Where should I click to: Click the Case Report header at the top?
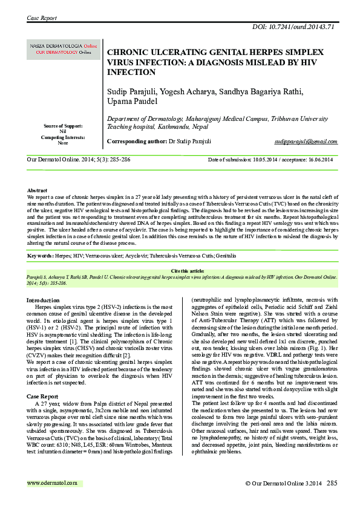pos(42,19)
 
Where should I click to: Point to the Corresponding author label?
pos(136,141)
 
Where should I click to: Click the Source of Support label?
pos(63,126)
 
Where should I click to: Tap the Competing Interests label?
pos(63,137)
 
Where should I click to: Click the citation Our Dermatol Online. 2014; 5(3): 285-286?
pos(83,160)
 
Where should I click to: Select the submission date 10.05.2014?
pos(264,160)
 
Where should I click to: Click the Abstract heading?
pos(38,190)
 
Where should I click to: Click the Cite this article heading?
pos(180,271)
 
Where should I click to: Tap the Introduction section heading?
pos(43,300)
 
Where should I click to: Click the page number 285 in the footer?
pos(332,483)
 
